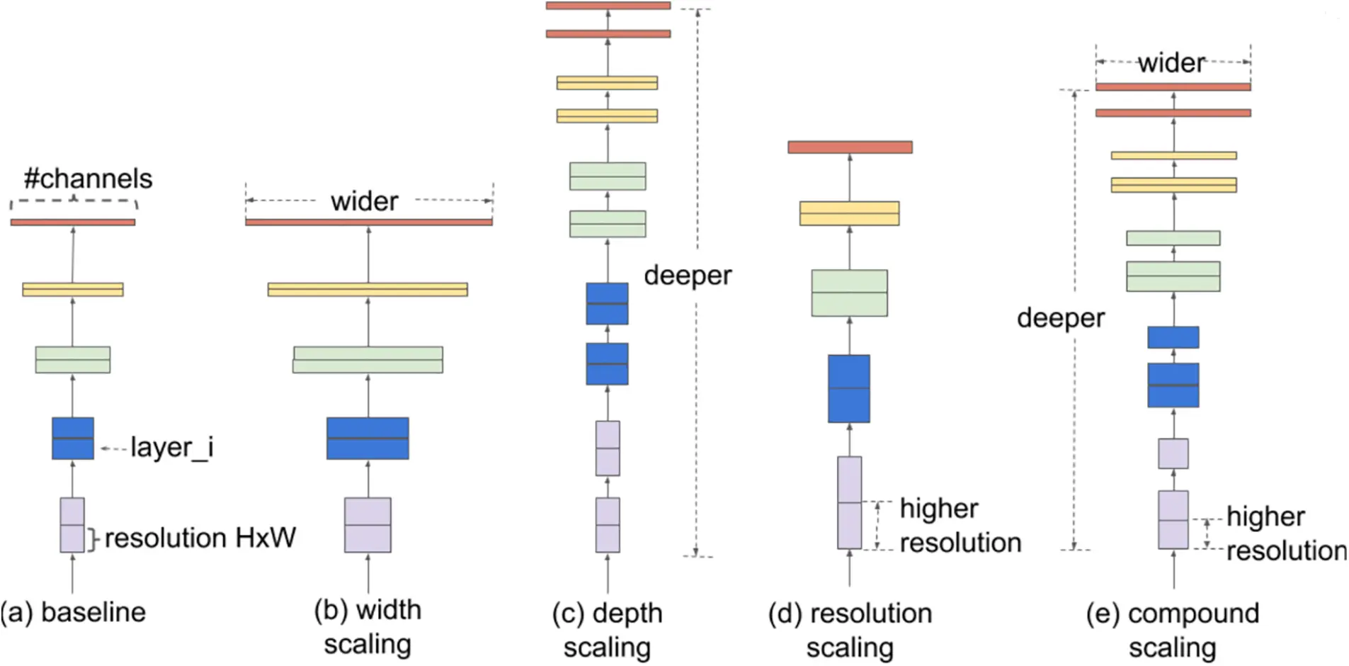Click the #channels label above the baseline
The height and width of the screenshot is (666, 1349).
coord(88,179)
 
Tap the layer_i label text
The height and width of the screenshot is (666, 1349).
coord(171,448)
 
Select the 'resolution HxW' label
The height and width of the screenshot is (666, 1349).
coord(200,538)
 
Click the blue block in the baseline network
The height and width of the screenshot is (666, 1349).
coord(73,438)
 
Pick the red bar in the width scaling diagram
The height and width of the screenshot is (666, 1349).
coord(368,222)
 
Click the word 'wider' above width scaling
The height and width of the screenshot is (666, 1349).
coord(364,202)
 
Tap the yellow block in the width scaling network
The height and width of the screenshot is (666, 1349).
coord(368,289)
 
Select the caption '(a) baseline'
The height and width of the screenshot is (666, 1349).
coord(74,612)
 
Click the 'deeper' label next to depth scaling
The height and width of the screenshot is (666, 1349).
coord(688,276)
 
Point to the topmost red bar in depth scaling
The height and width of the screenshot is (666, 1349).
coord(608,6)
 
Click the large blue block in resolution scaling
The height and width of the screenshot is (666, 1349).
coord(849,388)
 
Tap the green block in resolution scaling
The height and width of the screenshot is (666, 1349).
coord(849,293)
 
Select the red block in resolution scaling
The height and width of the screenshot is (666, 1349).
coord(850,147)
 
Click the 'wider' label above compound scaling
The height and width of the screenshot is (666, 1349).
coord(1171,64)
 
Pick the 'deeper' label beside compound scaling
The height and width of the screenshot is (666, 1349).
coord(1060,318)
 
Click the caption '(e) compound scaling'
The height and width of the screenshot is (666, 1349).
coord(1173,630)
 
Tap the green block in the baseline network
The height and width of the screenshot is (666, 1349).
coord(73,359)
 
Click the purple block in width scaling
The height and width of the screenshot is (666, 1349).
coord(368,525)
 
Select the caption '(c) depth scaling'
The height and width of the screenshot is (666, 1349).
coord(608,630)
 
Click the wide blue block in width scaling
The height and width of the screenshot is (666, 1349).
coord(368,438)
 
